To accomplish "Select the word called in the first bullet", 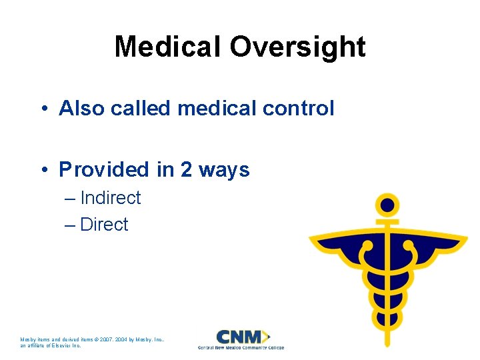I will coord(141,108).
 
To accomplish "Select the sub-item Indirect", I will coord(110,198).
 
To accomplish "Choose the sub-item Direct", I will coord(104,225).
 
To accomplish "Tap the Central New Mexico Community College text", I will coord(241,347).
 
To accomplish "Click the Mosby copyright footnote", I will coord(93,342).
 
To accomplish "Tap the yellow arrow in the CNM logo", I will coord(267,336).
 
